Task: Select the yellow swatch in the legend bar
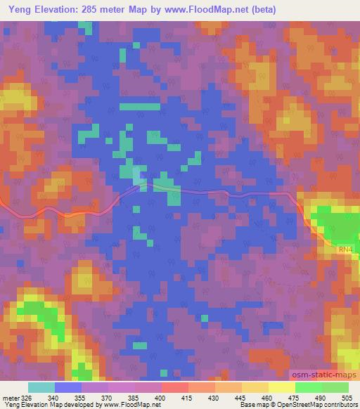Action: [255, 387]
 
